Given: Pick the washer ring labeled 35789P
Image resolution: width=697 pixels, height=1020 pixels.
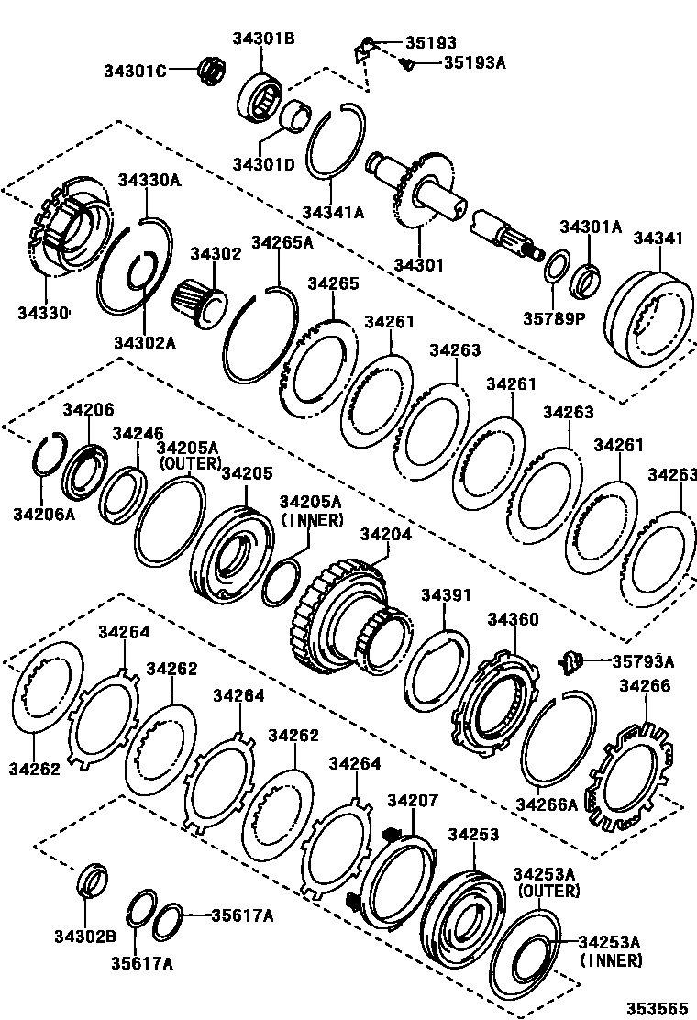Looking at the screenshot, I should point(555,272).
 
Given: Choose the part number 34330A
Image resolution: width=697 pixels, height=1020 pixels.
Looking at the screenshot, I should point(149,181).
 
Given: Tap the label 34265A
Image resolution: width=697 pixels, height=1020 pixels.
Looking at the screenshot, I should point(282,243).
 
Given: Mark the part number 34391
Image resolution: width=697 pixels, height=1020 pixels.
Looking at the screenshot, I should point(445,595).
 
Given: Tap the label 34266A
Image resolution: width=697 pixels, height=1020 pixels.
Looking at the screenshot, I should point(546,804).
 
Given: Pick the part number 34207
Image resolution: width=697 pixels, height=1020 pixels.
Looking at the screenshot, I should point(413,801).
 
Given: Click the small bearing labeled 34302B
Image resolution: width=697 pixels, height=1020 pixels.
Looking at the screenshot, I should point(92,881).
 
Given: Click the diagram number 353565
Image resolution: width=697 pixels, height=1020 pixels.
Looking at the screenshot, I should point(657,1007).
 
